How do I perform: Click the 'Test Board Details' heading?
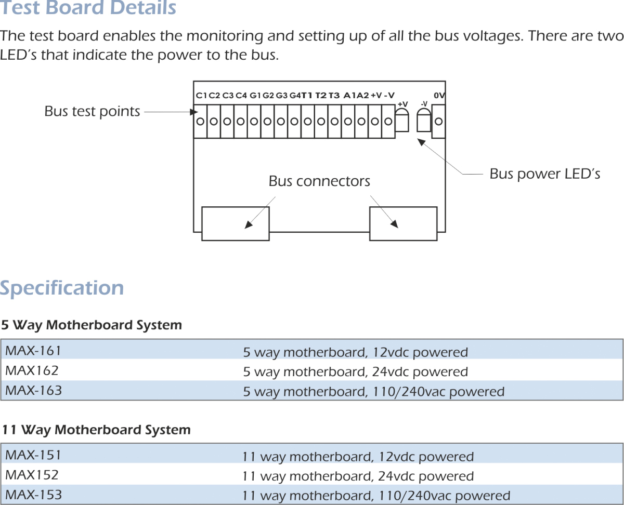[x=88, y=8]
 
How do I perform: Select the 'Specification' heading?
[x=62, y=288]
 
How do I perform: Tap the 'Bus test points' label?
[x=92, y=111]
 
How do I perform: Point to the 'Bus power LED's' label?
[x=544, y=174]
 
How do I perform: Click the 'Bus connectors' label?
[x=319, y=181]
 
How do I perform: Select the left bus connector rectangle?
[x=235, y=223]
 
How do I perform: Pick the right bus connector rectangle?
[x=402, y=223]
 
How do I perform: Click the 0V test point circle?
[x=439, y=122]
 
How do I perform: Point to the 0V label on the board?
[x=439, y=96]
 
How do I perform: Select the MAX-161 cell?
[x=33, y=351]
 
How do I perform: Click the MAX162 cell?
[x=32, y=371]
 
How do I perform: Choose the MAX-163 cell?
[x=33, y=390]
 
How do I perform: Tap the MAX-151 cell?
[x=33, y=455]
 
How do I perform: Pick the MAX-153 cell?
[x=33, y=495]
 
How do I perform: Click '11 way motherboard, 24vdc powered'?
[x=358, y=476]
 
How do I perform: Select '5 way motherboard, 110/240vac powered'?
[x=373, y=392]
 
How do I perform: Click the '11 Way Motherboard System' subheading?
[x=96, y=430]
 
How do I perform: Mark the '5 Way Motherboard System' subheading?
[x=92, y=326]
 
